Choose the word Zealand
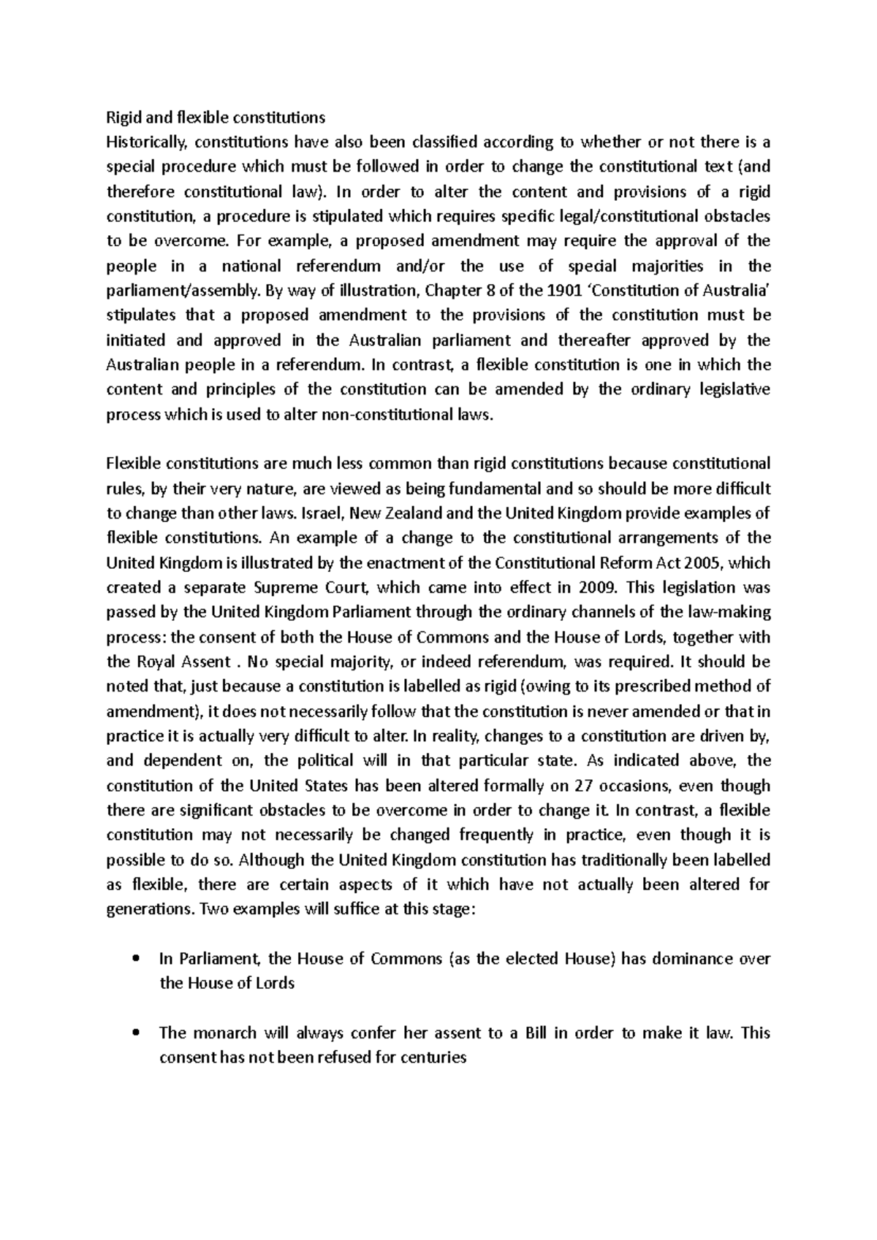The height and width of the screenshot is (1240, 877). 392,513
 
